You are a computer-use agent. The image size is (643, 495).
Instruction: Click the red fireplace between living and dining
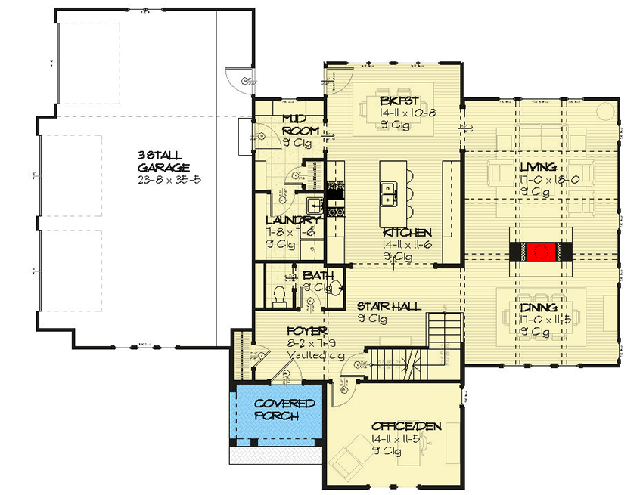point(541,252)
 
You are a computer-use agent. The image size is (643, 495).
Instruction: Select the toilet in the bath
point(278,295)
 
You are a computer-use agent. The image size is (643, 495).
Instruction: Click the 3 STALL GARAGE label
point(163,161)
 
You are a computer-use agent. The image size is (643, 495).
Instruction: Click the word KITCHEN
point(407,233)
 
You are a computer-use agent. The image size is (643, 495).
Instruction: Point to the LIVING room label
point(539,167)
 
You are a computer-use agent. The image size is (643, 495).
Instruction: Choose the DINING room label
point(539,308)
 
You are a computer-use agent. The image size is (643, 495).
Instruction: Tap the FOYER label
point(306,332)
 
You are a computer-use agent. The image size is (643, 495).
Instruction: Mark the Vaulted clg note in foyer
point(306,354)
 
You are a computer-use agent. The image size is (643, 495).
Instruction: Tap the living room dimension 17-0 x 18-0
point(539,180)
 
